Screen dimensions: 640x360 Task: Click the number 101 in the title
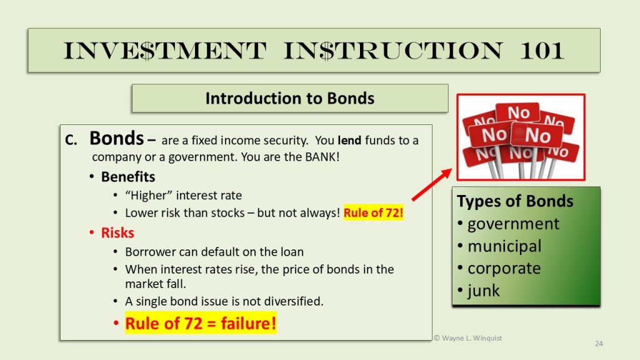coord(542,51)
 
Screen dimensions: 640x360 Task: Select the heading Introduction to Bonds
coord(290,98)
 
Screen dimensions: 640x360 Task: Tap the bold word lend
coord(349,141)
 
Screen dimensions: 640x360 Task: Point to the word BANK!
coord(322,157)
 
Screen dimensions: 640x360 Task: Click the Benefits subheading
coord(128,177)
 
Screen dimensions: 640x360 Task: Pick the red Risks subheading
coord(117,232)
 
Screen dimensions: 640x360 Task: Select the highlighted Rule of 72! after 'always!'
coord(374,212)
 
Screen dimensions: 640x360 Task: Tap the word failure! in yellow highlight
coord(249,323)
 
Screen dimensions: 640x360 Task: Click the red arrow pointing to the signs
coord(431,185)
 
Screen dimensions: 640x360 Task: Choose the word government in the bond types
coord(513,224)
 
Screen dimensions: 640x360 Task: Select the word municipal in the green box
coord(504,246)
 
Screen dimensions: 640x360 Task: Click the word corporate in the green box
coord(504,269)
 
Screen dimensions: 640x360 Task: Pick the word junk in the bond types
coord(484,291)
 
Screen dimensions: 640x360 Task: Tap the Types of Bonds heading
coord(515,201)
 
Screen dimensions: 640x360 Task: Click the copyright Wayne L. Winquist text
coord(467,338)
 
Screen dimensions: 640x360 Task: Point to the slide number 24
coord(599,344)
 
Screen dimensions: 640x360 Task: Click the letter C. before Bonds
coord(71,141)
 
